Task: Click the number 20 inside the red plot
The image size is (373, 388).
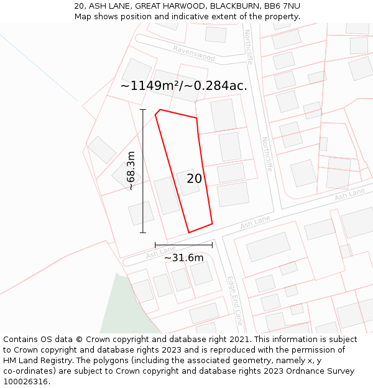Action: pyautogui.click(x=194, y=179)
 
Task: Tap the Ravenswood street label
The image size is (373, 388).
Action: pyautogui.click(x=194, y=54)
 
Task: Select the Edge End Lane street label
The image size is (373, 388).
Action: pyautogui.click(x=234, y=301)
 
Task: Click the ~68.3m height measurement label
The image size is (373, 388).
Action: pyautogui.click(x=131, y=170)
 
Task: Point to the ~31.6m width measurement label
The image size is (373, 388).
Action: pyautogui.click(x=183, y=258)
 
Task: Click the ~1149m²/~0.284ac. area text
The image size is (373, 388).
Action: pyautogui.click(x=183, y=86)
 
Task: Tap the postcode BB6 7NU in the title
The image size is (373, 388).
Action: pyautogui.click(x=282, y=6)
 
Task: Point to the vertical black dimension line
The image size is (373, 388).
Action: pyautogui.click(x=143, y=171)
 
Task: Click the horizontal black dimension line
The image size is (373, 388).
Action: pyautogui.click(x=183, y=245)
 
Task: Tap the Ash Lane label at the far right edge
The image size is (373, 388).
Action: pyautogui.click(x=349, y=195)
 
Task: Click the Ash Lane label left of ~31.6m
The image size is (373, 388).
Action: pyautogui.click(x=161, y=251)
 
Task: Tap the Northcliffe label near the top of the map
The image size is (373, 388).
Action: pyautogui.click(x=249, y=47)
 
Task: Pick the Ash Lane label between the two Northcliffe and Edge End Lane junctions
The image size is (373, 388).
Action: pyautogui.click(x=256, y=221)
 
